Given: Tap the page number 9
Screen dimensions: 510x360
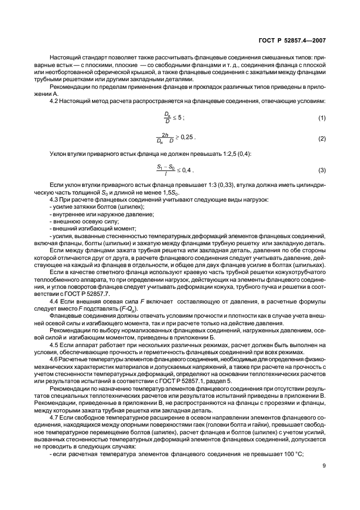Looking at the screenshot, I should pos(323,466).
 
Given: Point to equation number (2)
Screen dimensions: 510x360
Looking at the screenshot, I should pos(321,139).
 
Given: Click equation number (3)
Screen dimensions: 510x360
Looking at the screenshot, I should pos(321,171).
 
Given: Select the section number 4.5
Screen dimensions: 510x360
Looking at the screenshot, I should pos(54,345).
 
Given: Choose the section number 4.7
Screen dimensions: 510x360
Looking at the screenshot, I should pos(54,416).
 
